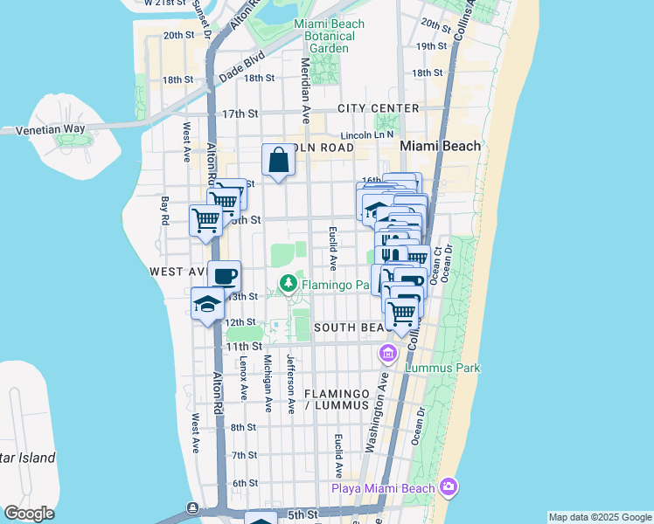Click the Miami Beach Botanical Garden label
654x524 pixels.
(324, 36)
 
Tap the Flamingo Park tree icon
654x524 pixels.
(289, 283)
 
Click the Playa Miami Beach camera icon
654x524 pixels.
(449, 486)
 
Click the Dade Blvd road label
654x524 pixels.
(243, 60)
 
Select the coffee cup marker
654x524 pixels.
(225, 276)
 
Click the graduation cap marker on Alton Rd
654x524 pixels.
(207, 305)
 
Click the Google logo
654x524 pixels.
(28, 514)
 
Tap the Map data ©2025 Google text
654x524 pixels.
(599, 518)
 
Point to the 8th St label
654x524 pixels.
(244, 427)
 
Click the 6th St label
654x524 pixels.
(245, 483)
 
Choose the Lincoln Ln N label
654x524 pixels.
(368, 135)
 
